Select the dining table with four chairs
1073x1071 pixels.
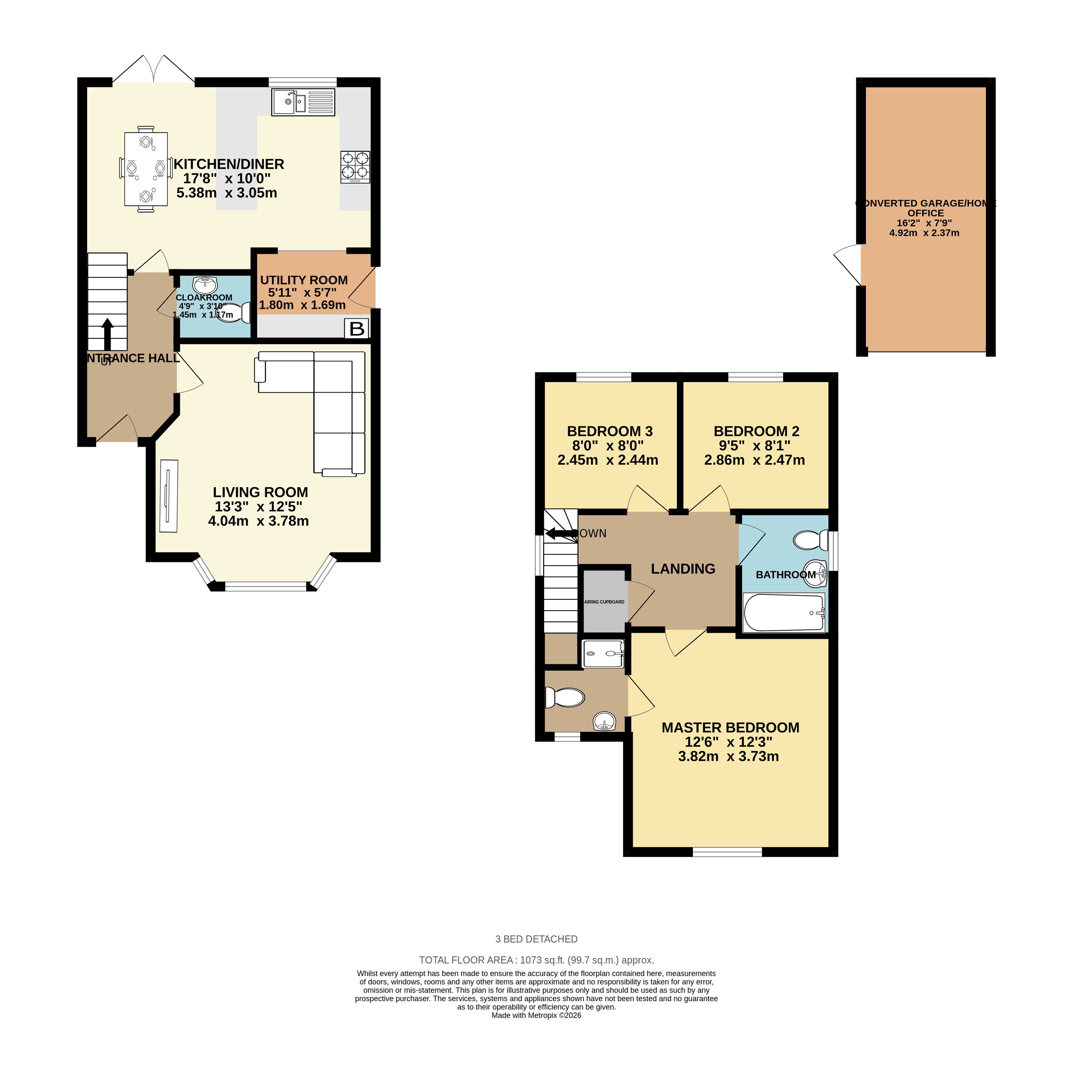tap(145, 168)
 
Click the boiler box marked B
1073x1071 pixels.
tap(357, 329)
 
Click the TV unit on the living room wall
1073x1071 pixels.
tap(169, 496)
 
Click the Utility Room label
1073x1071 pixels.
tap(304, 280)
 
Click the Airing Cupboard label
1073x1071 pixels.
tap(604, 601)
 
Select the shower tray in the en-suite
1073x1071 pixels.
tap(603, 654)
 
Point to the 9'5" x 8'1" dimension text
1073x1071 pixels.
tap(754, 445)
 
